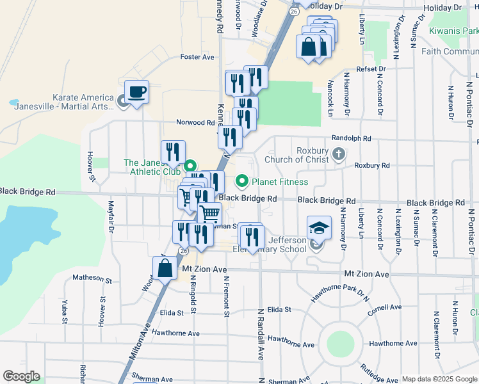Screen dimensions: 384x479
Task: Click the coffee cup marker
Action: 136,92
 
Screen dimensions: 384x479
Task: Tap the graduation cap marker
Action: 318,228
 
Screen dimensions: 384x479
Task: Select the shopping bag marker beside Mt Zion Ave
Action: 165,268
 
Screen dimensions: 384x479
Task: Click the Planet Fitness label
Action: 280,182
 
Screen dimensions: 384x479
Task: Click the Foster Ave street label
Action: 198,57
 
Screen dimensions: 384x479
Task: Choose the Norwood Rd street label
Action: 195,122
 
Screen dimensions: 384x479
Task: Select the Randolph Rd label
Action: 351,138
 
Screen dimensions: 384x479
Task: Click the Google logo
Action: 21,376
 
